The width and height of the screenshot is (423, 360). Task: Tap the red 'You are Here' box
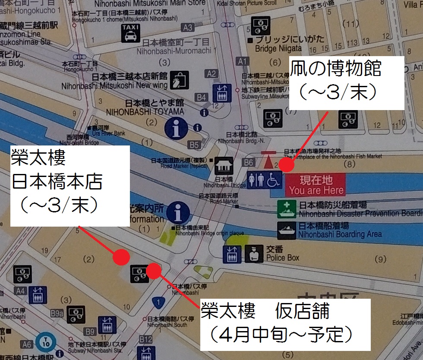pos(316,185)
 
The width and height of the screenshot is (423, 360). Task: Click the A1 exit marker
pos(243,61)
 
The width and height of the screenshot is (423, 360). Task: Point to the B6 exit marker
pos(249,162)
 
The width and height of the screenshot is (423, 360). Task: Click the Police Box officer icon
pos(254,254)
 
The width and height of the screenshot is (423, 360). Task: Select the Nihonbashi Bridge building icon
pos(224,165)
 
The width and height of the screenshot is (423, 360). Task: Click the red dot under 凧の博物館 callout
pos(286,164)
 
